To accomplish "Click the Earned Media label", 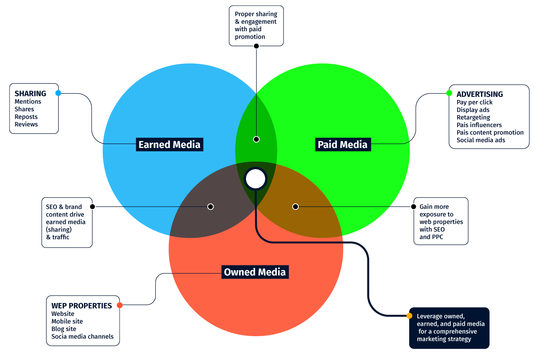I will coord(169,144).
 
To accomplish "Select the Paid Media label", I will coord(342,144).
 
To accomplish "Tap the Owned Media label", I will coord(255,272).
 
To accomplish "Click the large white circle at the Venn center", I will coord(256,179).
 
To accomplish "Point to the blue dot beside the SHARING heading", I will coord(58,93).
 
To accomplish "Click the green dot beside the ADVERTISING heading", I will coord(449,93).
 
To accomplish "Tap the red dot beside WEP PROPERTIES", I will coord(120,305).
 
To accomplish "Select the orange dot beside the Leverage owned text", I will coord(409,316).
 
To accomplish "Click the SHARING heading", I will coord(30,94).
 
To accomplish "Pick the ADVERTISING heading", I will coord(479,94).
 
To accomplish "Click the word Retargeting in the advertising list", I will coord(473,117).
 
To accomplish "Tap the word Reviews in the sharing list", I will coord(26,124).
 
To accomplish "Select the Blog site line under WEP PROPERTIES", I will coord(64,329).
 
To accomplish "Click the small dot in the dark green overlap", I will coord(256,139).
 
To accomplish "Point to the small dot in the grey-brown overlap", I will coord(210,207).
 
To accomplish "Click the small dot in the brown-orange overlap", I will coord(296,207).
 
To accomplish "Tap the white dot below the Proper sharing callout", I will coord(256,46).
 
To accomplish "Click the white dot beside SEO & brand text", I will coord(93,207).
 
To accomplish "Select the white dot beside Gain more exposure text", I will coord(413,207).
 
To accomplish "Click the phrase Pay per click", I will coord(474,102).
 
